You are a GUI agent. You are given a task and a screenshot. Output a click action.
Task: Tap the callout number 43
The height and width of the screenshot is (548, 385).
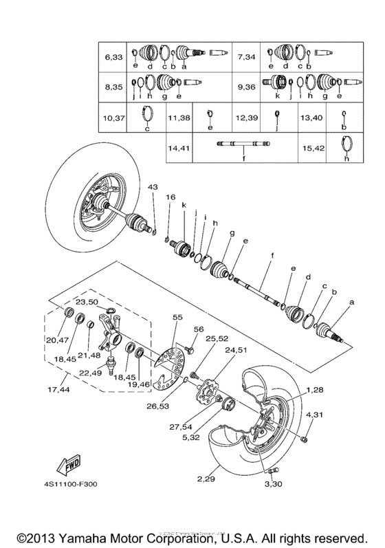point(152,188)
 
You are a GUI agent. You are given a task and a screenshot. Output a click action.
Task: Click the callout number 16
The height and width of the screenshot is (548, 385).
point(170,197)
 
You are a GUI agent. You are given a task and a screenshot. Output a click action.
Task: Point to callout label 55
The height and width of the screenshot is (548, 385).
point(177,318)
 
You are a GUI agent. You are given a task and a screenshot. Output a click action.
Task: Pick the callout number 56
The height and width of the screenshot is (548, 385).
point(199,330)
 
